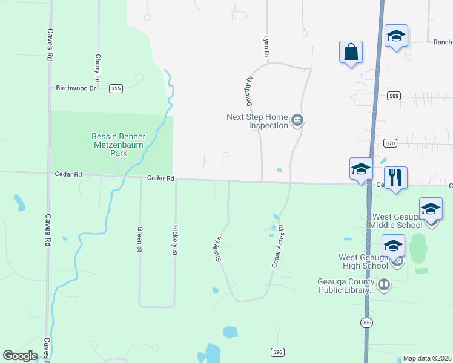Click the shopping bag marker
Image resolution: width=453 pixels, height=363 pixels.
pos(351,53)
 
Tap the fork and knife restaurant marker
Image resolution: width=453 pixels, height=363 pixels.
pos(395,178)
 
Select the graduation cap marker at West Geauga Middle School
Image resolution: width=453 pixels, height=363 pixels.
pos(431,209)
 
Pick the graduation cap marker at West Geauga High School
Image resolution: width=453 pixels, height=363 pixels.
pos(393,246)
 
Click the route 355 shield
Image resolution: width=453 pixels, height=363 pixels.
pos(116,88)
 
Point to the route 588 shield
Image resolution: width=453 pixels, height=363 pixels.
pos(394,96)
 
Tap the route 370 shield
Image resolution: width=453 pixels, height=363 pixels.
pos(390,143)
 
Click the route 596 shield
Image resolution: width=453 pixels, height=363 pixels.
pos(277,352)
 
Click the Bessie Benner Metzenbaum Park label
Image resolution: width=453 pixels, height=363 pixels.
pos(118,145)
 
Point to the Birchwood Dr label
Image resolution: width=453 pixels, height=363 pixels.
pos(76,88)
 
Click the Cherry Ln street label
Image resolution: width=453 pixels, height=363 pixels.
pos(98,68)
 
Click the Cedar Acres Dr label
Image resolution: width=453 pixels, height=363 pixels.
pos(278,247)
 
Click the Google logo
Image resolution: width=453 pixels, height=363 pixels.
pos(20,356)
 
